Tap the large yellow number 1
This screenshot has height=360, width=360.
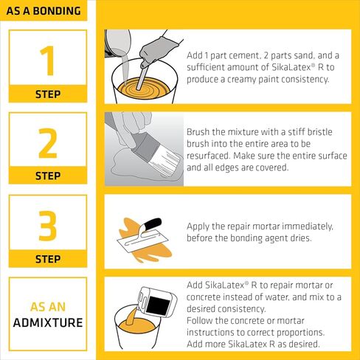[x=48, y=60]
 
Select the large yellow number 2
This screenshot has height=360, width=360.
[x=48, y=143]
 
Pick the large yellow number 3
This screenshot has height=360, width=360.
[x=48, y=226]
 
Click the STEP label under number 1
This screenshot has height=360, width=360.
[x=48, y=94]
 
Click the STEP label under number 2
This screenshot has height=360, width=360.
[x=48, y=177]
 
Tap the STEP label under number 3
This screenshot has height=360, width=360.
[x=48, y=260]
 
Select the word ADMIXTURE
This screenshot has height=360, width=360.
[x=48, y=323]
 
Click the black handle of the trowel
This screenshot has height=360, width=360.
[x=152, y=224]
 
